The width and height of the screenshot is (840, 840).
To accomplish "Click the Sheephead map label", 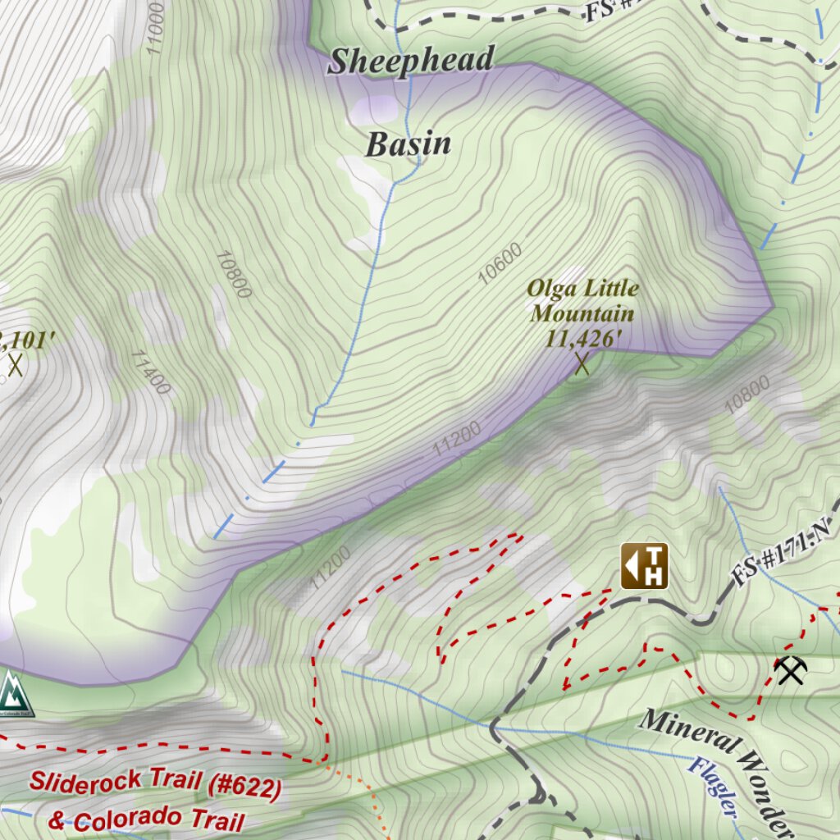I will point(412,62).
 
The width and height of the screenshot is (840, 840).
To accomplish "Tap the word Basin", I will point(408,144).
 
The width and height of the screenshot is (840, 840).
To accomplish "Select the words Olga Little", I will point(582,289).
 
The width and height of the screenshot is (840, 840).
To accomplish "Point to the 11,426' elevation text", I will point(582,336).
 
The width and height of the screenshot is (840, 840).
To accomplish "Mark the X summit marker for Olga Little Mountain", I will point(582,363).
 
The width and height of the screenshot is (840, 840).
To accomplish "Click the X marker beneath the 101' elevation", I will point(15,364).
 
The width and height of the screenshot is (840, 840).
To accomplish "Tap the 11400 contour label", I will point(150,371).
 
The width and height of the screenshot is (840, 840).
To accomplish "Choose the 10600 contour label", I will point(500,265).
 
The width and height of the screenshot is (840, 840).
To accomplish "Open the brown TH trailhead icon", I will point(644,566).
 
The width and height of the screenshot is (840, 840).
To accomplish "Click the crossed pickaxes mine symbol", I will point(791,670).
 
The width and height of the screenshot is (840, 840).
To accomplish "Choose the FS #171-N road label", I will point(783,558).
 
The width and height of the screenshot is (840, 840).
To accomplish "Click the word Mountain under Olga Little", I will point(582,313).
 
